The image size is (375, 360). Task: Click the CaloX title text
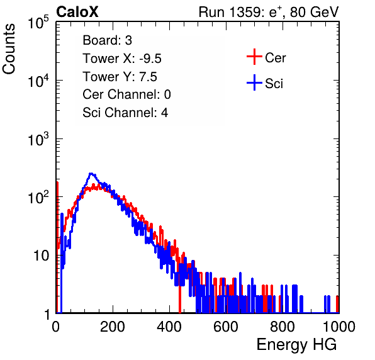pyautogui.click(x=77, y=12)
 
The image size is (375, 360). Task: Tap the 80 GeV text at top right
pyautogui.click(x=315, y=12)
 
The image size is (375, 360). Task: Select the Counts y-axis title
pyautogui.click(x=9, y=49)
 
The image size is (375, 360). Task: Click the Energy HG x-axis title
pyautogui.click(x=296, y=345)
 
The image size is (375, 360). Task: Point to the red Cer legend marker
pyautogui.click(x=254, y=57)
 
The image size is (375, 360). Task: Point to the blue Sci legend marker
pyautogui.click(x=254, y=82)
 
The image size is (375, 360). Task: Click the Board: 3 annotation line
pyautogui.click(x=107, y=40)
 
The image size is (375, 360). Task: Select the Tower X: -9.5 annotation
pyautogui.click(x=122, y=59)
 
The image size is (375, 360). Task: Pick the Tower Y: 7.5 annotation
pyautogui.click(x=120, y=77)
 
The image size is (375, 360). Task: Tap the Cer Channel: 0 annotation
pyautogui.click(x=126, y=94)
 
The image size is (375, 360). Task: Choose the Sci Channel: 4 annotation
pyautogui.click(x=125, y=113)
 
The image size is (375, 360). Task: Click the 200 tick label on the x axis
pyautogui.click(x=113, y=327)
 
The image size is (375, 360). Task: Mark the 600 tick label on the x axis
pyautogui.click(x=226, y=327)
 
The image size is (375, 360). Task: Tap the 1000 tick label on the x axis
pyautogui.click(x=339, y=327)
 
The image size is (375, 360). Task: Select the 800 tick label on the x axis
pyautogui.click(x=283, y=327)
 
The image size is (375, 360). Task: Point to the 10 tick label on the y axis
pyautogui.click(x=41, y=256)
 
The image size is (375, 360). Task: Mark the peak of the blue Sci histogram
pyautogui.click(x=91, y=173)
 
